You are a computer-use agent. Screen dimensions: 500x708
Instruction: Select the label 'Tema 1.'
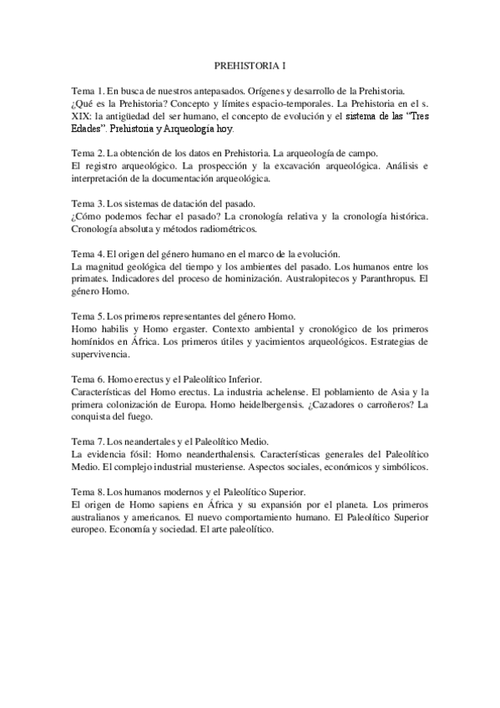[x=86, y=89]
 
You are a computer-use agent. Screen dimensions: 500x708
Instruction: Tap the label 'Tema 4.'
[x=86, y=253]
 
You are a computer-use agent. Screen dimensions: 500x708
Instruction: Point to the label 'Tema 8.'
[x=86, y=493]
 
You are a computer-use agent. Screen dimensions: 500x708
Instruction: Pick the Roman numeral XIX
[x=81, y=117]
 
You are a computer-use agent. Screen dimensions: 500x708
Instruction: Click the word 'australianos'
[x=98, y=518]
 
